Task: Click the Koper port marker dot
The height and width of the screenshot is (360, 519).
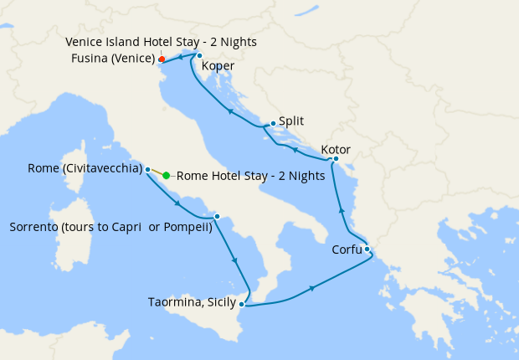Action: click(199, 56)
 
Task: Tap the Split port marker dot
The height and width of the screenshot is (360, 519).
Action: click(273, 123)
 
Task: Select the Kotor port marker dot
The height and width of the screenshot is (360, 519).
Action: click(335, 158)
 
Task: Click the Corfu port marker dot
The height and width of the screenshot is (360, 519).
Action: click(367, 249)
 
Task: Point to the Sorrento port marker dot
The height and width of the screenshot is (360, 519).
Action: click(217, 217)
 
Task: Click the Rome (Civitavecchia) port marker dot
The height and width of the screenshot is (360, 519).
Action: click(148, 169)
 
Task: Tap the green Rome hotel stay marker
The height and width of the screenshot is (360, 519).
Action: click(167, 176)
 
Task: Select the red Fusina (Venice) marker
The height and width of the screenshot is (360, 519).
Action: click(161, 59)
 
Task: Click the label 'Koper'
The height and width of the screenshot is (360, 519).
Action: click(218, 66)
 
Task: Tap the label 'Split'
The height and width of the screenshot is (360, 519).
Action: click(291, 121)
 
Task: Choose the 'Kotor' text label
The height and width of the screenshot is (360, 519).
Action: click(335, 150)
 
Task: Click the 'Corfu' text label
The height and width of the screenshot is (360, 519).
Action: click(347, 249)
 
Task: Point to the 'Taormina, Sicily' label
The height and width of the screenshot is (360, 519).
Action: click(192, 302)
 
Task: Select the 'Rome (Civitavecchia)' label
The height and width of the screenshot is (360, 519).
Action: click(84, 168)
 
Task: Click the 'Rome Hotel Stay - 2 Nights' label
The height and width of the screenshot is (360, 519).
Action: click(250, 176)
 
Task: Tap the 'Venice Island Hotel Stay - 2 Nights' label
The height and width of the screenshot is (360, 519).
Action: click(161, 42)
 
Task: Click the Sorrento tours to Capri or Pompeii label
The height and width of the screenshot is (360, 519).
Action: click(110, 227)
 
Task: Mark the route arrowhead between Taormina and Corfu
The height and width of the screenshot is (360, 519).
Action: click(313, 288)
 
